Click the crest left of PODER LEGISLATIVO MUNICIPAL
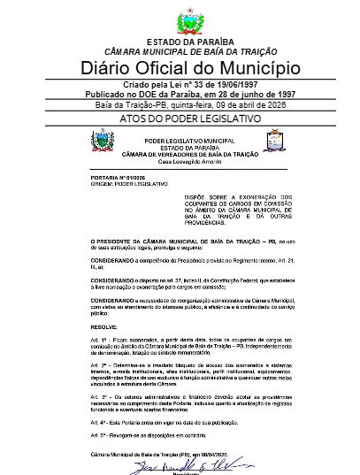pyautogui.click(x=103, y=141)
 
